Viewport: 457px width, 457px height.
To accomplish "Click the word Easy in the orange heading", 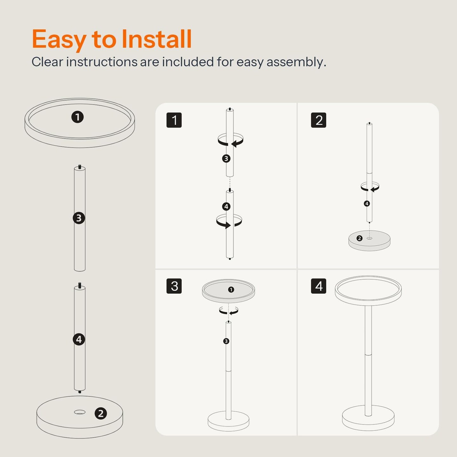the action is click(59, 40).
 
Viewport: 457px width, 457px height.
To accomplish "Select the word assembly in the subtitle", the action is click(296, 63).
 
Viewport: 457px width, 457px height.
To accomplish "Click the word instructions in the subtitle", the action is click(102, 62).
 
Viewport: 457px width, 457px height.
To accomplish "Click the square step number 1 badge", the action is click(174, 120).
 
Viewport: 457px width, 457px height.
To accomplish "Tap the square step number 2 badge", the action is click(319, 120).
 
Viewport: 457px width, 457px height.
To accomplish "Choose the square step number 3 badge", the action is click(174, 286).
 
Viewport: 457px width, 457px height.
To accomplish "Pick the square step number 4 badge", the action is click(319, 286).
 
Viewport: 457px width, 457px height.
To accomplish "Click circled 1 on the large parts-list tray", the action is click(77, 117).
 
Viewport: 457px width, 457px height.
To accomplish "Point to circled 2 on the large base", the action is click(101, 414).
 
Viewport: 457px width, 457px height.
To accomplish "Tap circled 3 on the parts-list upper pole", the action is click(79, 218).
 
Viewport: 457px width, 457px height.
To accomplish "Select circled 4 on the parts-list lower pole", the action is click(79, 339).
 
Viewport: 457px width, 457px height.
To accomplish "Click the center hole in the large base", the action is click(80, 412).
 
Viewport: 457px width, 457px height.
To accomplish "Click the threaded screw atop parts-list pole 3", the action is click(80, 167).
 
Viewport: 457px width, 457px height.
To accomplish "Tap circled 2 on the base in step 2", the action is click(360, 238).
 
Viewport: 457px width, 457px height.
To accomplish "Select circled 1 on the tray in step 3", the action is click(231, 289).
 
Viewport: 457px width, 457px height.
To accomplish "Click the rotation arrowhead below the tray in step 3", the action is click(232, 313).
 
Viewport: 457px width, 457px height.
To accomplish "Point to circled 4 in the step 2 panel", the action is click(367, 203).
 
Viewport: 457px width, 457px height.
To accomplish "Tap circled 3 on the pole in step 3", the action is click(226, 341).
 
